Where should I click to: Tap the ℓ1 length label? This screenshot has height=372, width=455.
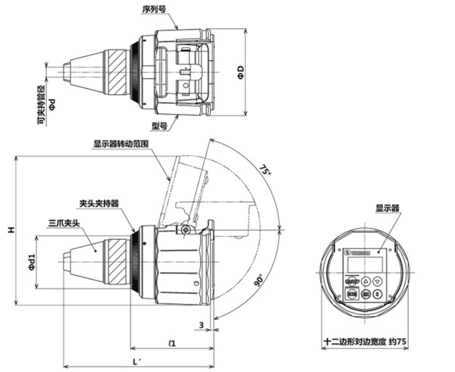click(x=173, y=343)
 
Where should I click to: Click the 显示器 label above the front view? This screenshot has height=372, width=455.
click(x=387, y=207)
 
